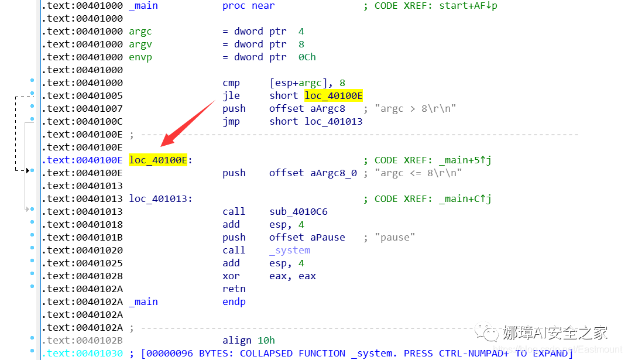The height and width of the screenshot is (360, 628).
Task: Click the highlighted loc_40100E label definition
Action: click(158, 160)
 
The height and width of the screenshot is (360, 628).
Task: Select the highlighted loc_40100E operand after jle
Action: click(333, 95)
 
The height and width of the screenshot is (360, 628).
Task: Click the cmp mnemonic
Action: click(231, 83)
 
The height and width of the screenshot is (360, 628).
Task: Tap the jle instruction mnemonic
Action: click(231, 95)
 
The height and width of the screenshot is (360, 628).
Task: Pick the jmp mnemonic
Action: click(231, 121)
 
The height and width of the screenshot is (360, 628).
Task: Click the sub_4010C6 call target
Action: click(298, 211)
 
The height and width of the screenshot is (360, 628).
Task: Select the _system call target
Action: click(290, 250)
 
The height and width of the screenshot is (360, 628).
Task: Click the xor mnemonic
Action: click(231, 276)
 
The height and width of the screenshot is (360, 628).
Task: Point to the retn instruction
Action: click(234, 289)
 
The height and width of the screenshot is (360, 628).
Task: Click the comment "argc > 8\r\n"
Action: click(415, 108)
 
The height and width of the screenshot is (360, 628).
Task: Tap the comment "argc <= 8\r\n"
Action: click(418, 173)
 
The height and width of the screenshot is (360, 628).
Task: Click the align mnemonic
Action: click(237, 340)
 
